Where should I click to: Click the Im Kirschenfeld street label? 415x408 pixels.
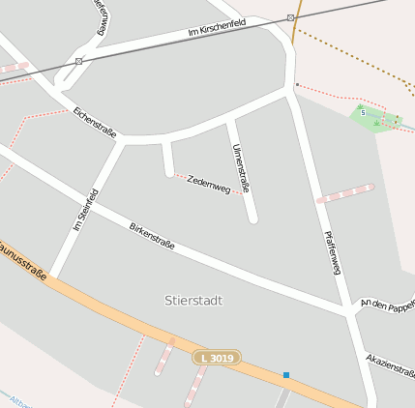(218, 34)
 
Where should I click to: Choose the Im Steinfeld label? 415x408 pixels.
(85, 210)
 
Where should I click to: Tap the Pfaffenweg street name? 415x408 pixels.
(333, 252)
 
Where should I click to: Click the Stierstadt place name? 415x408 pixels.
(193, 301)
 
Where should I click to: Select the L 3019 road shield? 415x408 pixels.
(216, 358)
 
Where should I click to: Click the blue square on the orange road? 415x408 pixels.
(286, 374)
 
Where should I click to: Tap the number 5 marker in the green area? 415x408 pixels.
(364, 112)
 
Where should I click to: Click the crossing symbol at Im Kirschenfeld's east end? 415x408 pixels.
(290, 16)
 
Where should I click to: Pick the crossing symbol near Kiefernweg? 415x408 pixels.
(78, 61)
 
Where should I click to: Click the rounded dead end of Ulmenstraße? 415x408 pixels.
(252, 219)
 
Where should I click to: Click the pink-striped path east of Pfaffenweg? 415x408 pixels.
(345, 193)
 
